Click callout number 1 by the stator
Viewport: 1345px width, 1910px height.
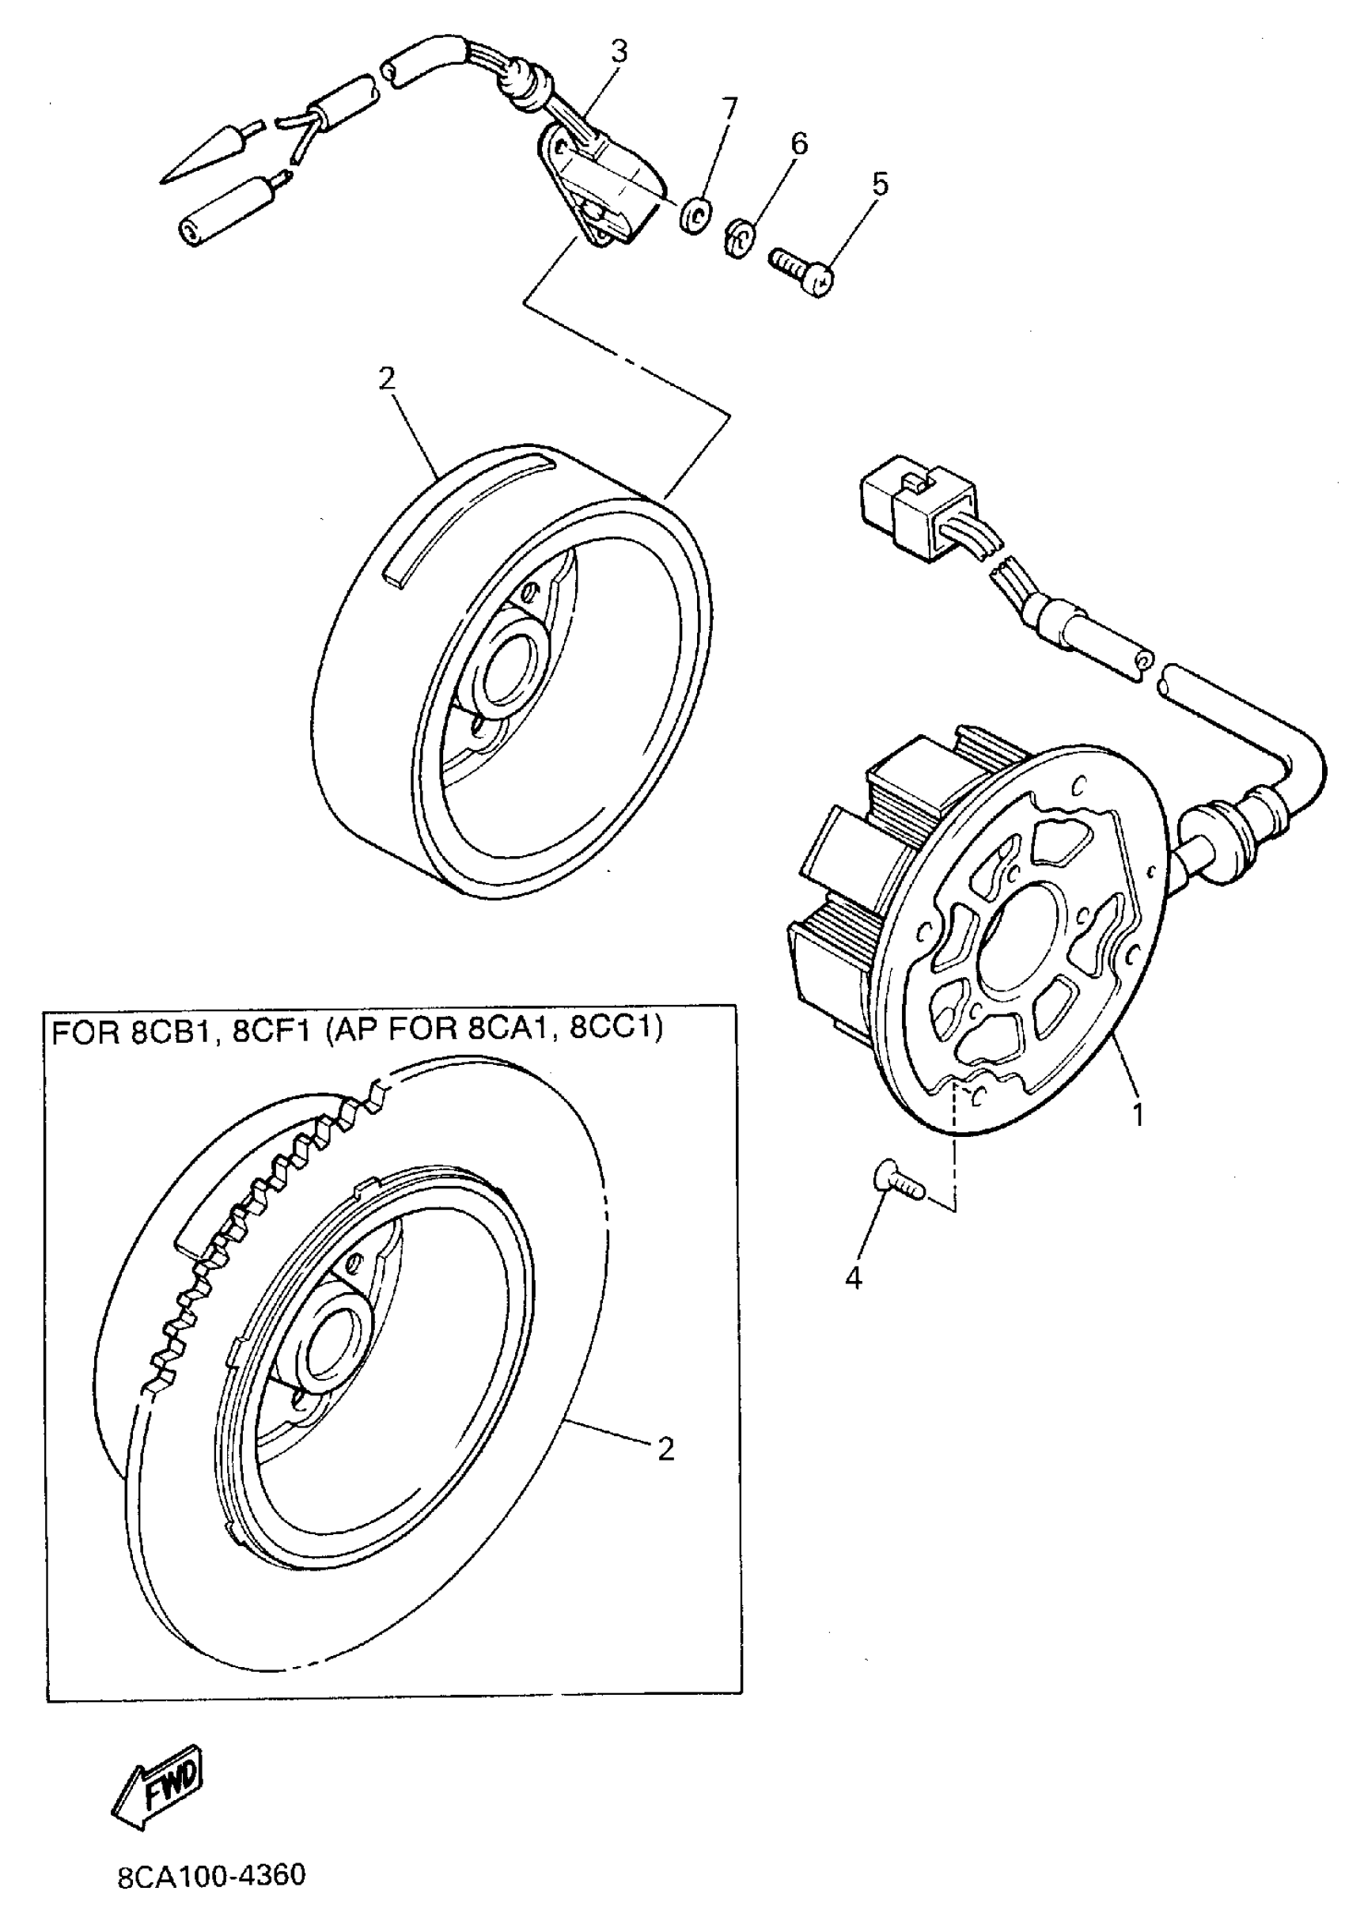click(x=1138, y=1114)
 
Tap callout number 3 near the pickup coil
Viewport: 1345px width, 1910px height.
click(x=618, y=51)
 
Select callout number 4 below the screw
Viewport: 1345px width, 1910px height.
click(x=854, y=1278)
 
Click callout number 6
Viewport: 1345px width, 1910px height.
click(x=798, y=143)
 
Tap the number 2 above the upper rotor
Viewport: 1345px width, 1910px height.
click(x=387, y=378)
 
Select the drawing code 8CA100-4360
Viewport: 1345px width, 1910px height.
click(x=211, y=1876)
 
